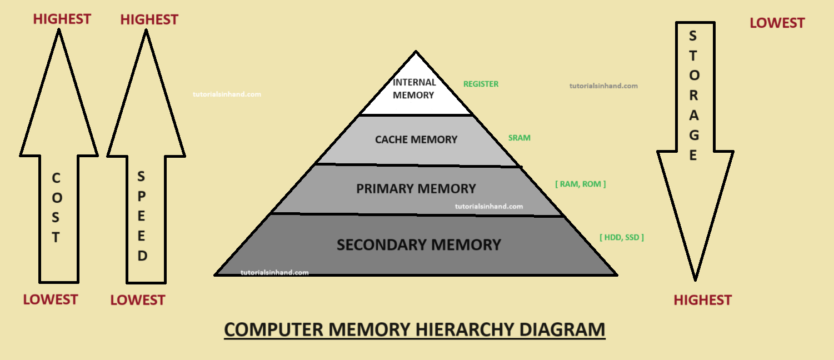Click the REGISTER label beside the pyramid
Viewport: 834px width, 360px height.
pyautogui.click(x=481, y=84)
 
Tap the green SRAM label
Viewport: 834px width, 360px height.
pyautogui.click(x=519, y=138)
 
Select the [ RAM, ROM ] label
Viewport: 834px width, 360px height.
pyautogui.click(x=580, y=184)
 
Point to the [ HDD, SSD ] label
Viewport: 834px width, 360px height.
pyautogui.click(x=621, y=237)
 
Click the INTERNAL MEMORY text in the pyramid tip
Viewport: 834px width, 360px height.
pyautogui.click(x=414, y=89)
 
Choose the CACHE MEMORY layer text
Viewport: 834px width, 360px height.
pyautogui.click(x=416, y=139)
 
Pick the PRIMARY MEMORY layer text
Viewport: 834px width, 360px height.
pyautogui.click(x=416, y=188)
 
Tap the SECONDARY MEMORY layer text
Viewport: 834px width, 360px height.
pyautogui.click(x=419, y=244)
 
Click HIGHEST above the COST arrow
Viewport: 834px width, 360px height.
pyautogui.click(x=62, y=19)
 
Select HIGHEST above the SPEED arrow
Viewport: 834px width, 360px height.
pyautogui.click(x=149, y=19)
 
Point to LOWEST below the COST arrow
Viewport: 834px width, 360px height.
pyautogui.click(x=50, y=299)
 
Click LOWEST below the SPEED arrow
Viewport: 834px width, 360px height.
pyautogui.click(x=138, y=300)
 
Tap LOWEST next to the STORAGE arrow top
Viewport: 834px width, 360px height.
pyautogui.click(x=777, y=23)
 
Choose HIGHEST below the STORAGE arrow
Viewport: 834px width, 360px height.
pyautogui.click(x=702, y=300)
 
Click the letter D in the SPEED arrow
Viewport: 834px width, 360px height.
pyautogui.click(x=142, y=256)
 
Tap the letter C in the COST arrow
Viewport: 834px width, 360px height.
pyautogui.click(x=56, y=178)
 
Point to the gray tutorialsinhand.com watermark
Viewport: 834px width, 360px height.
pyautogui.click(x=603, y=86)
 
